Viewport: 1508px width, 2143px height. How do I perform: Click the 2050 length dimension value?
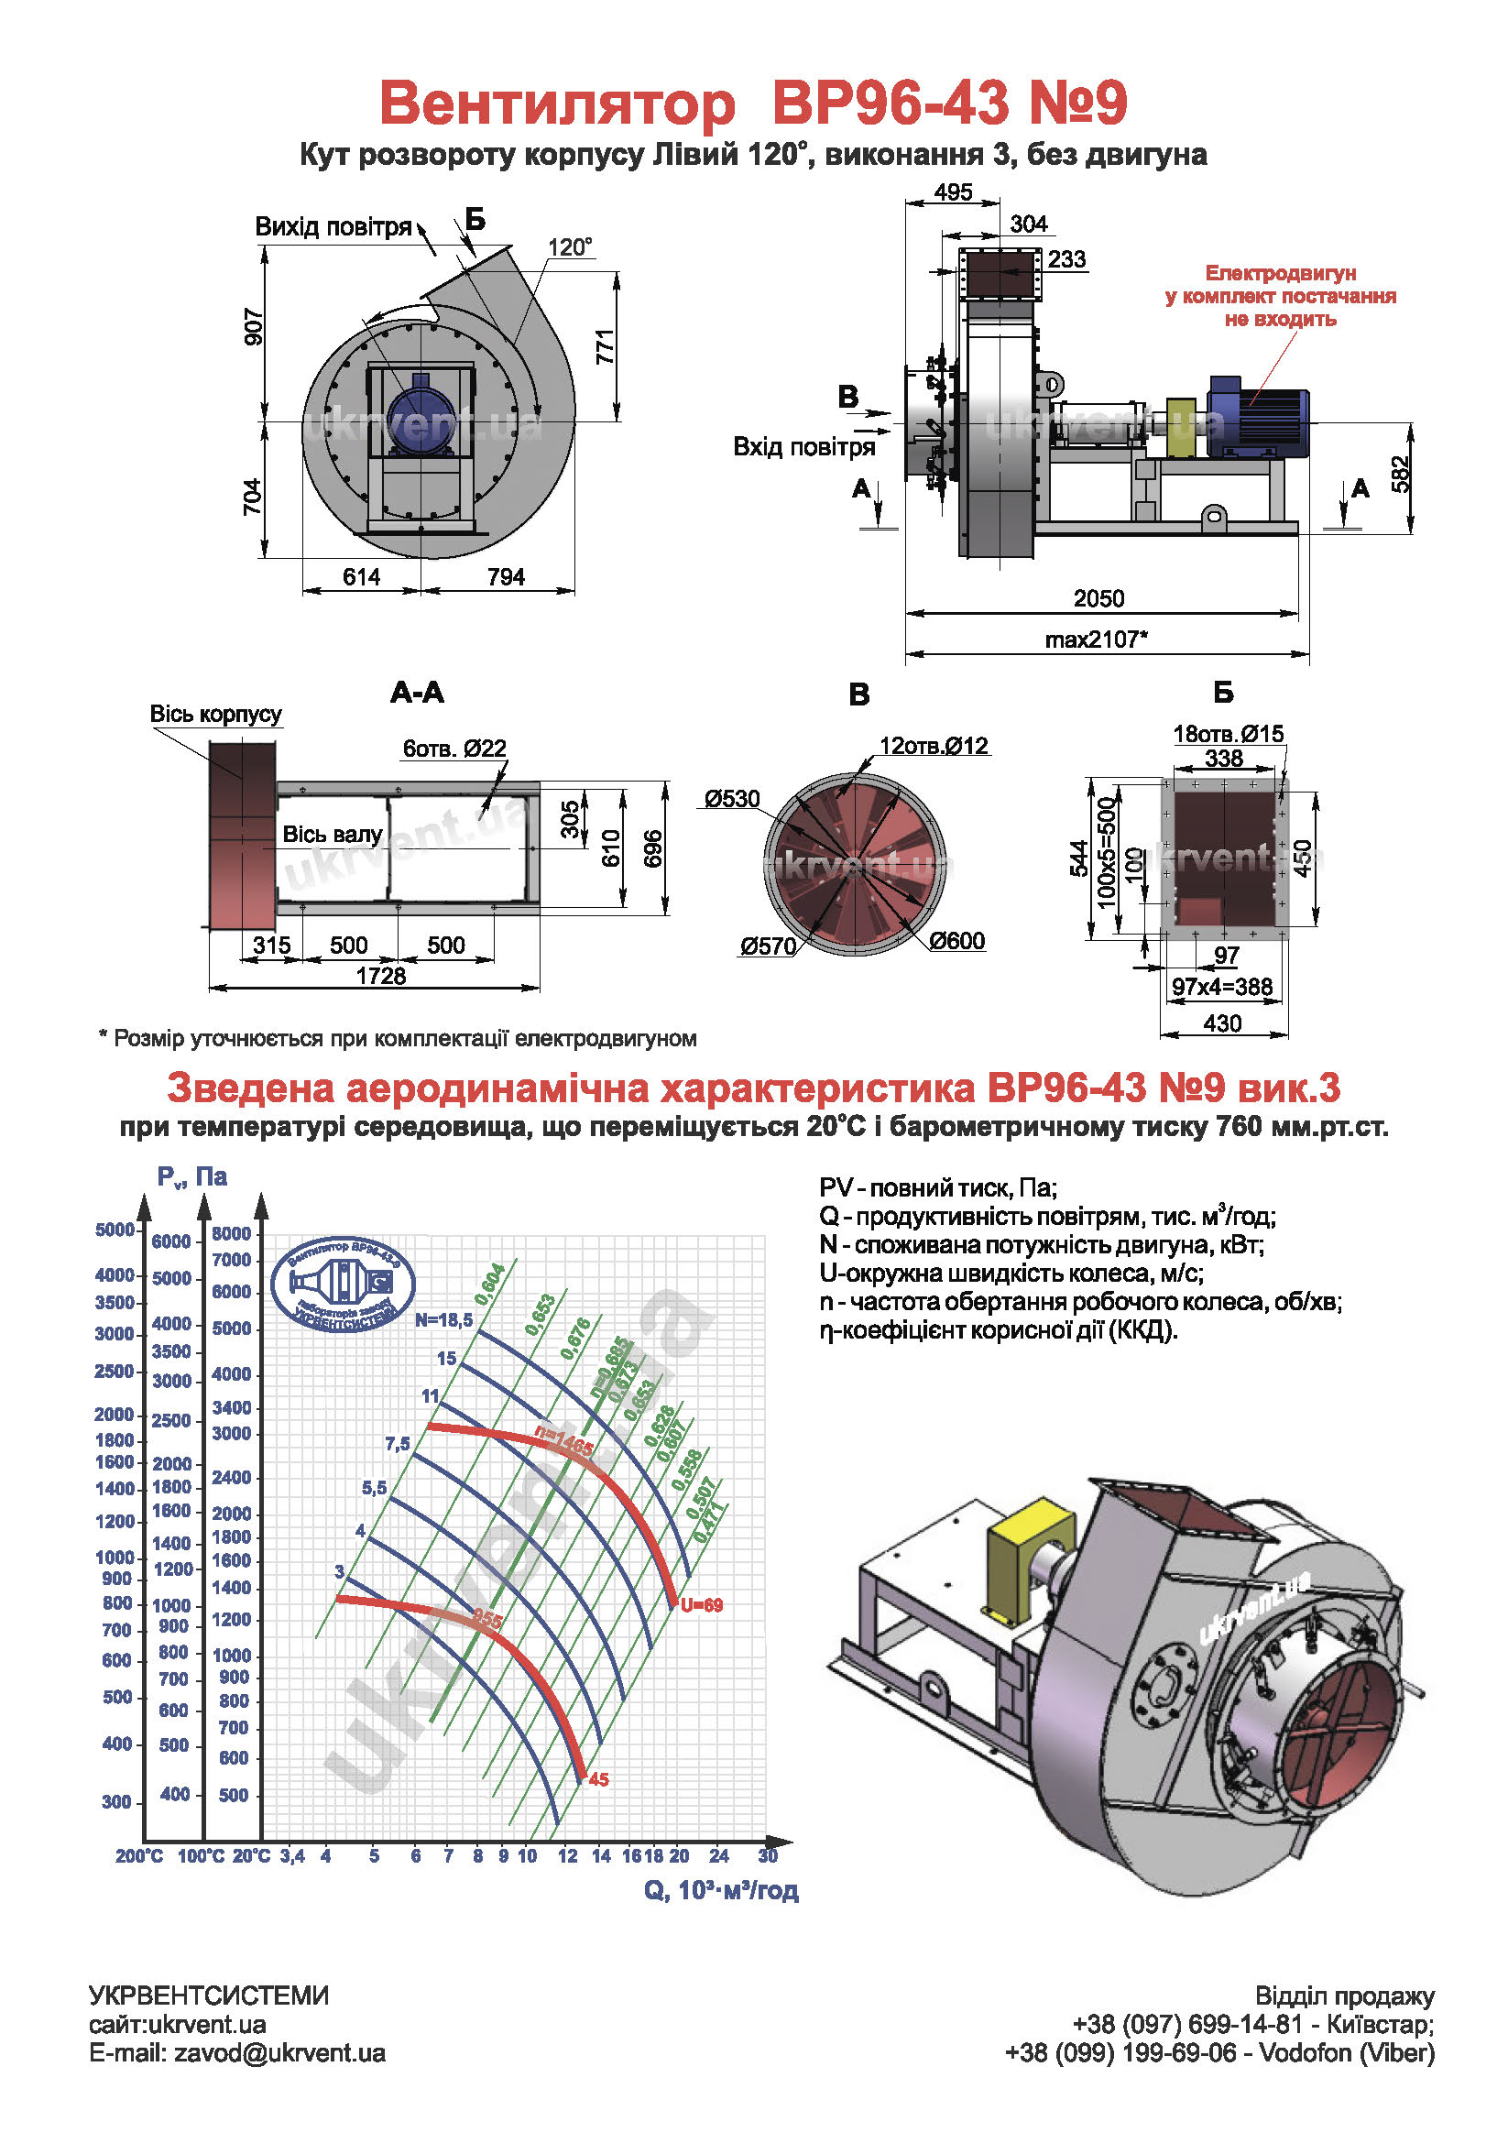click(1098, 598)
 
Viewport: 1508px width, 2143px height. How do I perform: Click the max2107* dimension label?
click(1096, 640)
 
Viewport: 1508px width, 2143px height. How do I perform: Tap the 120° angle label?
click(569, 247)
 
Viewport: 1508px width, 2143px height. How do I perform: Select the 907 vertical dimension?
click(253, 327)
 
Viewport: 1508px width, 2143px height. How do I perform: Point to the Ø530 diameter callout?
click(732, 799)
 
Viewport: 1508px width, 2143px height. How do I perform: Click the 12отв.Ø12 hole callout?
click(934, 746)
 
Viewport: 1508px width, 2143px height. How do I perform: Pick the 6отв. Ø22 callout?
click(454, 749)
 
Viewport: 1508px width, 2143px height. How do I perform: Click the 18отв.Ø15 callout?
click(1228, 735)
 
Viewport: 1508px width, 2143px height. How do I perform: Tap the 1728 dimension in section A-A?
click(381, 977)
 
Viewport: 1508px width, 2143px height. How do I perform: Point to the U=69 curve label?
click(702, 1605)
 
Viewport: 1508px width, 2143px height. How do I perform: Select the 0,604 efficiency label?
click(490, 1285)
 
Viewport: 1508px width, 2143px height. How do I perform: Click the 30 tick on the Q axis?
click(768, 1855)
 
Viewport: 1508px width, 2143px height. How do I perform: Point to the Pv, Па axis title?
click(192, 1177)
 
